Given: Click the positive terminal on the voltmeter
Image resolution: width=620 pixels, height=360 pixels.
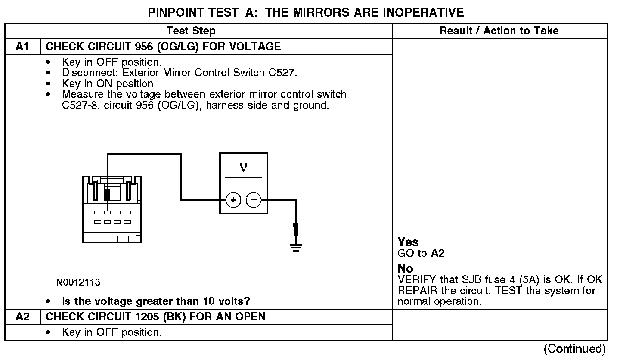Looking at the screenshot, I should tap(233, 200).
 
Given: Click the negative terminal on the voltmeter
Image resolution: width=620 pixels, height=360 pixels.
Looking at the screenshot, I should tap(254, 200).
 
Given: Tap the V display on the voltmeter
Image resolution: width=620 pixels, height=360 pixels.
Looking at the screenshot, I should tap(243, 168).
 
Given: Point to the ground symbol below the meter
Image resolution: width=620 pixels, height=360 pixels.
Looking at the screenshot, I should tap(295, 247).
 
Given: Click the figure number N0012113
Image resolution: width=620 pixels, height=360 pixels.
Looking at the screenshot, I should tap(78, 282).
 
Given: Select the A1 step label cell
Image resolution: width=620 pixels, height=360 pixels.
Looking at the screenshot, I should tap(22, 47).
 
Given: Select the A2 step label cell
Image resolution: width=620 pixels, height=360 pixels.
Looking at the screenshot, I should tap(22, 317).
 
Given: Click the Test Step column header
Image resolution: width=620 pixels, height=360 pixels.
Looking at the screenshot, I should tap(191, 31).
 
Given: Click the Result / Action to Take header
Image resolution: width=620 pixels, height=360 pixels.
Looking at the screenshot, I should tap(499, 31).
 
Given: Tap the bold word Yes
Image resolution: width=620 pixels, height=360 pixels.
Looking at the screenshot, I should tap(408, 242).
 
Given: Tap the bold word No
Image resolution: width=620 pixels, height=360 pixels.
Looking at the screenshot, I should tap(405, 269).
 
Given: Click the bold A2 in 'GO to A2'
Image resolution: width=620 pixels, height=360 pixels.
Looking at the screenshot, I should tap(438, 253).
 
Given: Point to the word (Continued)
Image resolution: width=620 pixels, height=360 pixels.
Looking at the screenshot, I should tap(574, 349).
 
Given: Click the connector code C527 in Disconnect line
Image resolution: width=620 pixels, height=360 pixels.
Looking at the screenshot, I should tap(282, 72).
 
